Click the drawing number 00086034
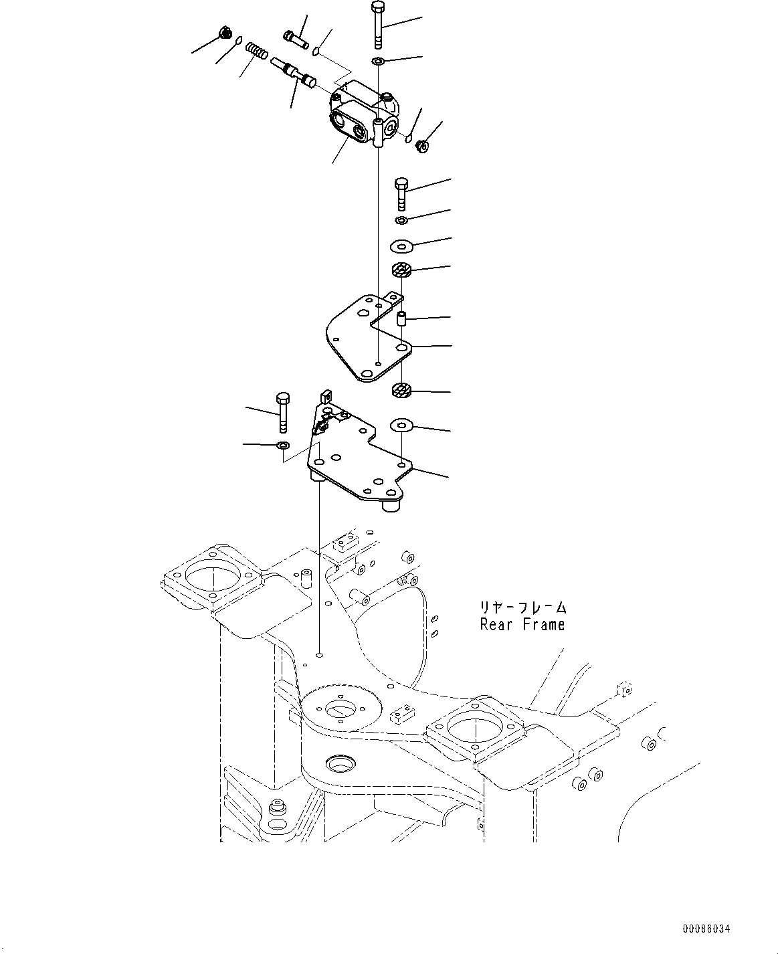(706, 929)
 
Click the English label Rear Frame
(522, 625)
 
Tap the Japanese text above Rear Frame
(522, 607)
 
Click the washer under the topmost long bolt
(378, 62)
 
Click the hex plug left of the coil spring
(226, 32)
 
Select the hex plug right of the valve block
(422, 144)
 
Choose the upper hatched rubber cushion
(401, 270)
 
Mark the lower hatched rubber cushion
(401, 391)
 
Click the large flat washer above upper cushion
(401, 246)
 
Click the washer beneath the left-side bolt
(283, 445)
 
